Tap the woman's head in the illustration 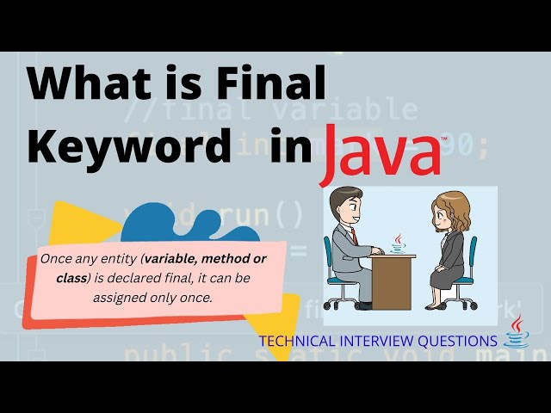click(x=450, y=210)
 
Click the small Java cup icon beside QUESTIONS click(x=517, y=332)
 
